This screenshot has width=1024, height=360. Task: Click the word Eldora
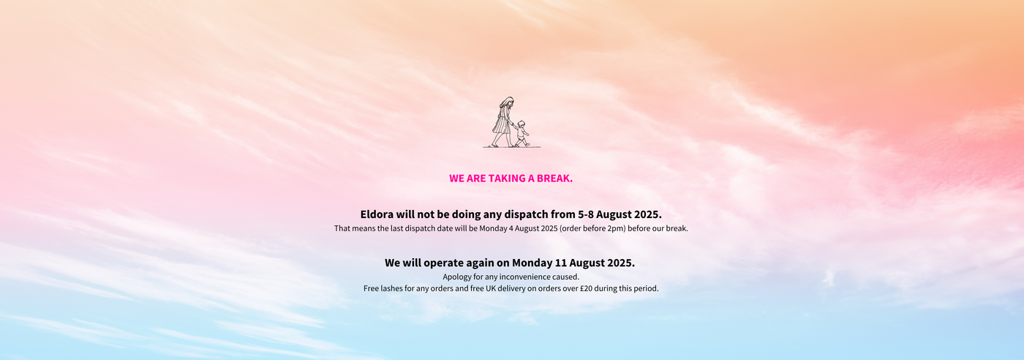click(377, 214)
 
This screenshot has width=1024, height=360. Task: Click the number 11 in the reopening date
click(561, 263)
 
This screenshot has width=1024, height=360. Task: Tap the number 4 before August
click(511, 228)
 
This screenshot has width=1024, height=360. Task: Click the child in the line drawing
click(521, 134)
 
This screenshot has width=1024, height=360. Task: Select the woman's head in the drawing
click(508, 102)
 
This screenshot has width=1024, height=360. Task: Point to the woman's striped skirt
click(501, 124)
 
